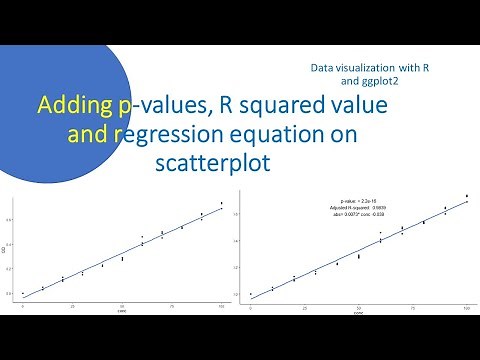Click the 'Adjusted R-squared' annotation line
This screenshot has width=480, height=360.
[357, 207]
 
